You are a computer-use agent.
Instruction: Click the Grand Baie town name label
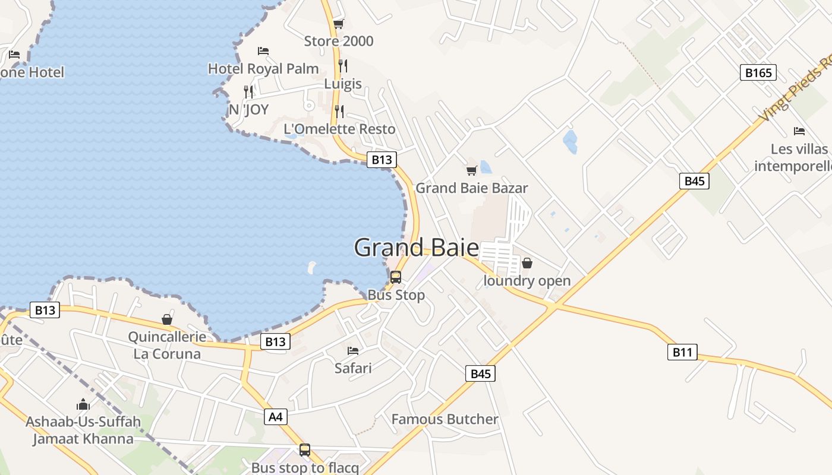(x=416, y=247)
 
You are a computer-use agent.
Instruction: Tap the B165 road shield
(x=758, y=72)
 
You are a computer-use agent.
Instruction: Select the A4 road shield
(x=275, y=417)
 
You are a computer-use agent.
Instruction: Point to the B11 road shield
(x=682, y=352)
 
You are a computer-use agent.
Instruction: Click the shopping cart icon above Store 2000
(x=338, y=24)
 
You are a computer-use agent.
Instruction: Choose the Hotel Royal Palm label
(x=263, y=69)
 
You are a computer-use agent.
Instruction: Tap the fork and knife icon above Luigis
(x=343, y=65)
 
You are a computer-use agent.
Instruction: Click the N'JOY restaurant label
(x=248, y=110)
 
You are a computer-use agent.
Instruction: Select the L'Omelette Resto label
(x=339, y=129)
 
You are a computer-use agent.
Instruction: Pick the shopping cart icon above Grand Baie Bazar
(x=471, y=171)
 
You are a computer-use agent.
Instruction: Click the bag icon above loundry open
(x=527, y=263)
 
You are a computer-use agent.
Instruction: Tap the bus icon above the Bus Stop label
(x=396, y=277)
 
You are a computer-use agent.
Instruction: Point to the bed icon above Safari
(x=353, y=351)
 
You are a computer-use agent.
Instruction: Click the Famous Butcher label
(x=445, y=419)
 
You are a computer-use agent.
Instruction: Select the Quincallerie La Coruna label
(x=167, y=345)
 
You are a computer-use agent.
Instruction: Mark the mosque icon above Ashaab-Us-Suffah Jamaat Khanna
(x=83, y=405)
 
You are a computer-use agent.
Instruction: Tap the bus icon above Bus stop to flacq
(x=305, y=450)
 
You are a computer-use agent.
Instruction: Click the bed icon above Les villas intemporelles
(x=799, y=131)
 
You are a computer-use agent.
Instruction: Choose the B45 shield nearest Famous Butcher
(x=480, y=373)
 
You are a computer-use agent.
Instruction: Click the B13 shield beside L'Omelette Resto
(x=381, y=160)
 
